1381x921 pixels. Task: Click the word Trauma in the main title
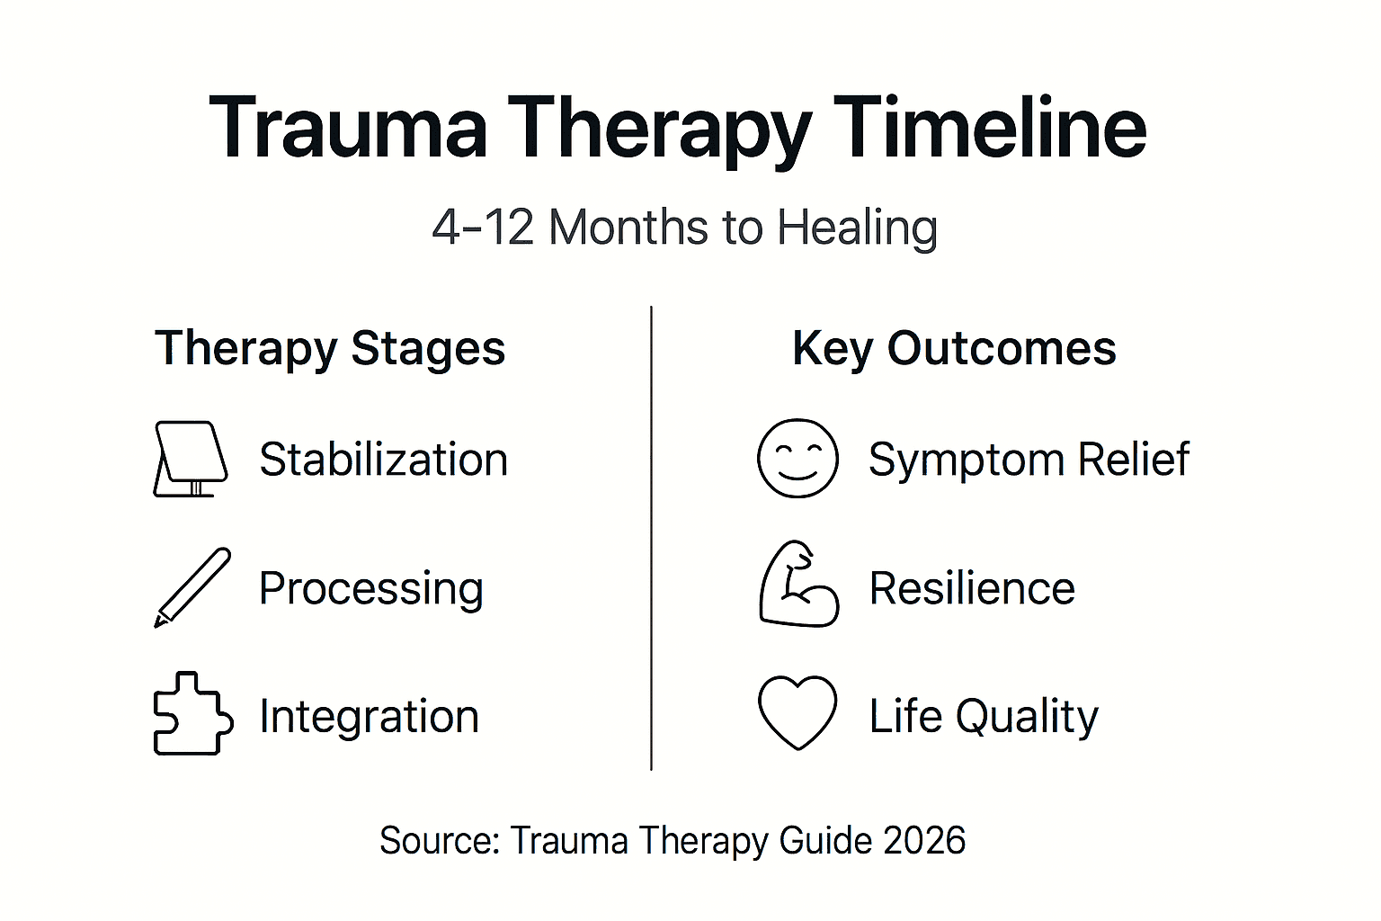[348, 129]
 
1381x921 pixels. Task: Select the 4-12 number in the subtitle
[483, 227]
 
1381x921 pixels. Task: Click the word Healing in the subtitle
[857, 228]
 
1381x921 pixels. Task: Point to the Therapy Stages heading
[330, 349]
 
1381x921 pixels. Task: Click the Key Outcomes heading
[954, 349]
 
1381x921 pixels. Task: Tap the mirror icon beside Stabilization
[190, 459]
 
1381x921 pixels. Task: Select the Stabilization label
[383, 460]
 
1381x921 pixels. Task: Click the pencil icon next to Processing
[192, 586]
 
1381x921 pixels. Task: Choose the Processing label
[370, 589]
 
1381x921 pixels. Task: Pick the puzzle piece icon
[192, 714]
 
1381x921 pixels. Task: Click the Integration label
[369, 717]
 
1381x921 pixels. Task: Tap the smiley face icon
[797, 458]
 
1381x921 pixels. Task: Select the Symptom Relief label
[1029, 460]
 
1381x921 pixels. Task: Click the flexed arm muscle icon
[797, 585]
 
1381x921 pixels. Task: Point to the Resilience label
[972, 588]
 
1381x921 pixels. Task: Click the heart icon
[797, 711]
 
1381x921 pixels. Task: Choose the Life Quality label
[984, 717]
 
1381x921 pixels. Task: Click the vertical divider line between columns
[651, 540]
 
